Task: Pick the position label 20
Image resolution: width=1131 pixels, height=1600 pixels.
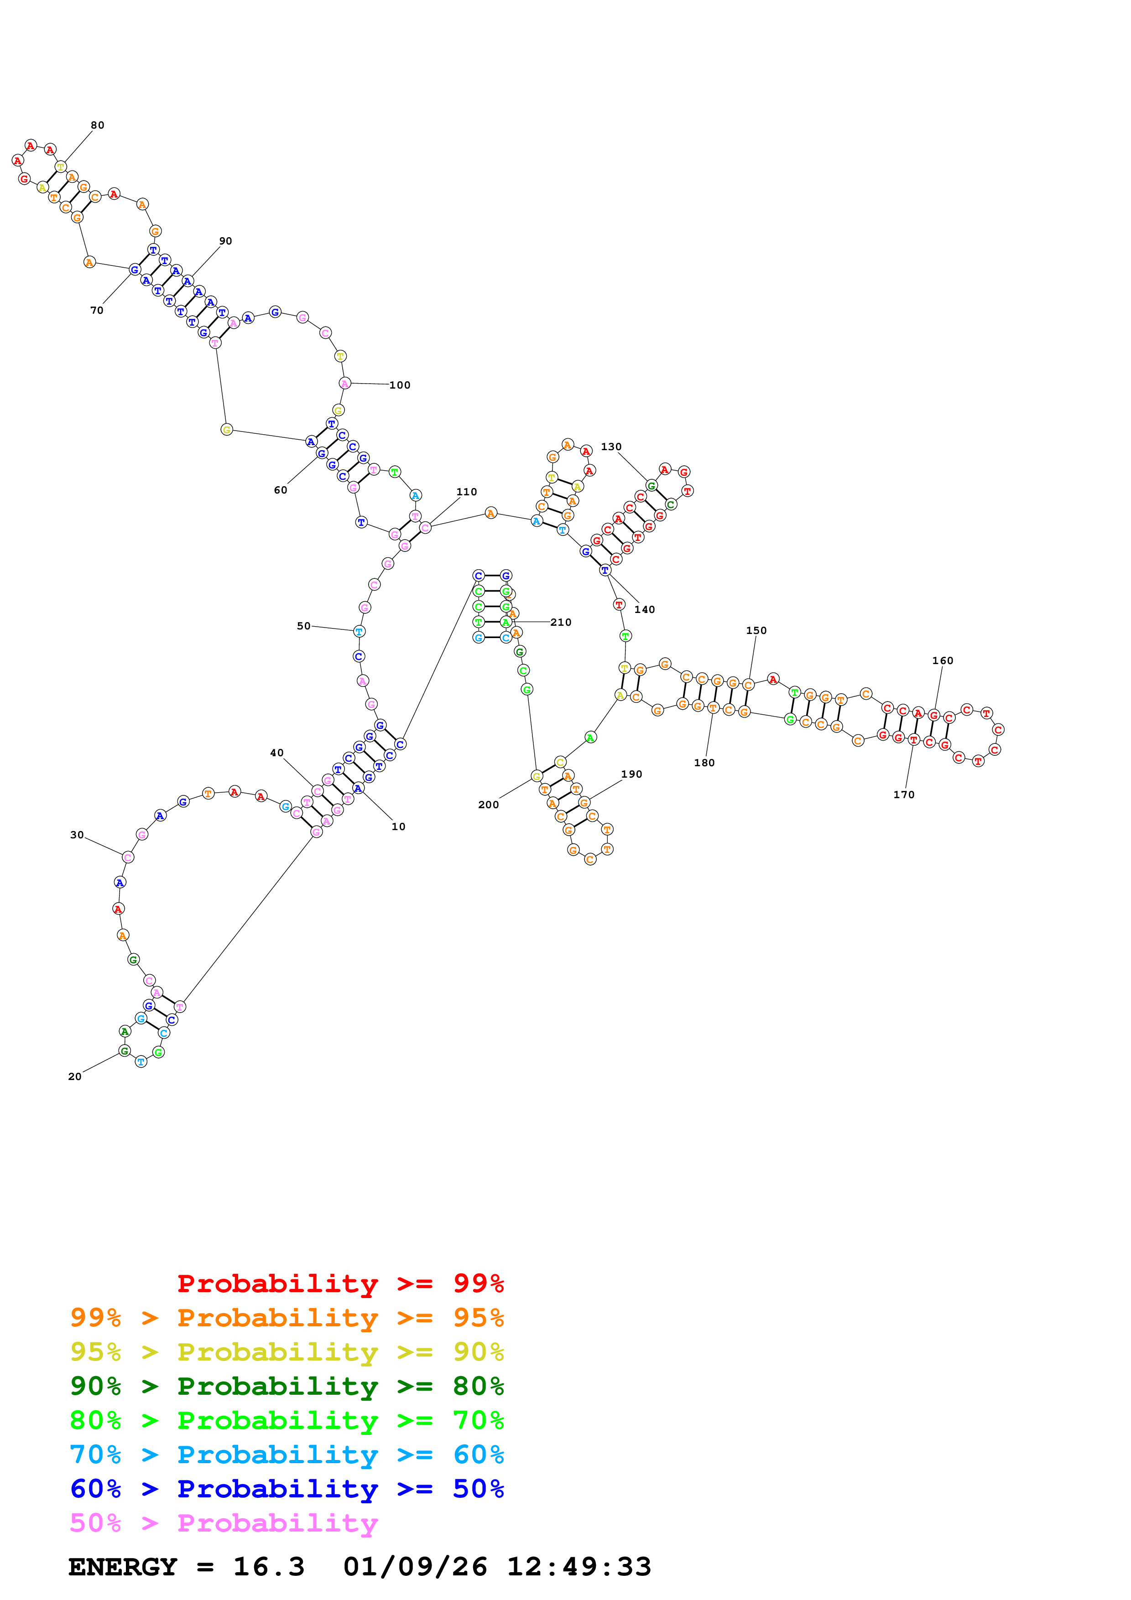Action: (x=74, y=1077)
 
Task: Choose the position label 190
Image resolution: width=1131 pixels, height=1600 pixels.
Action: (x=631, y=774)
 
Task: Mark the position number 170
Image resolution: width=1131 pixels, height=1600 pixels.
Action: (x=903, y=795)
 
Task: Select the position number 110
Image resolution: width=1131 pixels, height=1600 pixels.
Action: (x=466, y=492)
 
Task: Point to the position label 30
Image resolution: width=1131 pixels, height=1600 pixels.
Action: (x=77, y=835)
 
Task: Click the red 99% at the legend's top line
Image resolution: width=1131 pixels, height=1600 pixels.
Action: (x=478, y=1283)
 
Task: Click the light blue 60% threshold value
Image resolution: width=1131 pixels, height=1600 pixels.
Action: (x=478, y=1455)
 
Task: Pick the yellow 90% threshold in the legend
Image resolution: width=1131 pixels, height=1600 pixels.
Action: (x=478, y=1351)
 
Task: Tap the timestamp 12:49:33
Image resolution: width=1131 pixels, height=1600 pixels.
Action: (x=579, y=1567)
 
